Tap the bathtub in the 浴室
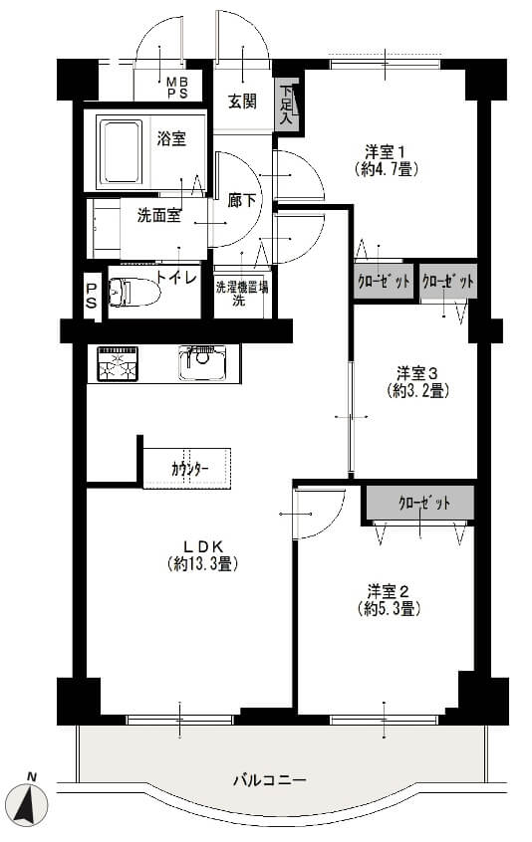tap(121, 152)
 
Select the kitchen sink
tap(202, 363)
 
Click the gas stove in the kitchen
tap(118, 363)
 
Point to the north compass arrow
tap(30, 803)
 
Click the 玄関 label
tap(242, 101)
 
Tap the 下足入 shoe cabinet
tap(286, 105)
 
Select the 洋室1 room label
tap(386, 151)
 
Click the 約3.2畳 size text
tap(418, 391)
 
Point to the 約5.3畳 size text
tap(389, 608)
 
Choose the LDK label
tap(203, 546)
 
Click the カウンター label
tap(190, 469)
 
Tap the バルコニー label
tap(270, 779)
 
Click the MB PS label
tap(176, 88)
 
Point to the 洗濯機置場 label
tap(242, 288)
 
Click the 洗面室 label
tap(158, 216)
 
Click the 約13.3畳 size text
tap(203, 564)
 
